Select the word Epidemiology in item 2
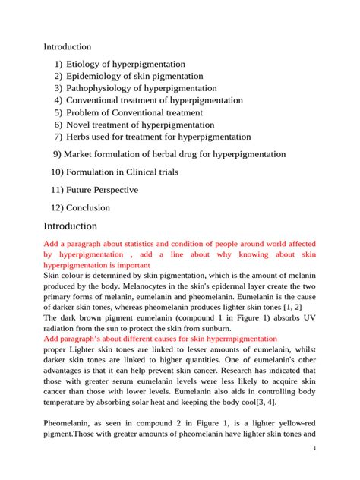(x=95, y=77)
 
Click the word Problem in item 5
(x=84, y=112)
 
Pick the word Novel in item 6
(x=79, y=125)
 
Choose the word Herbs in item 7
(x=80, y=137)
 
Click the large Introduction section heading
(x=70, y=226)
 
